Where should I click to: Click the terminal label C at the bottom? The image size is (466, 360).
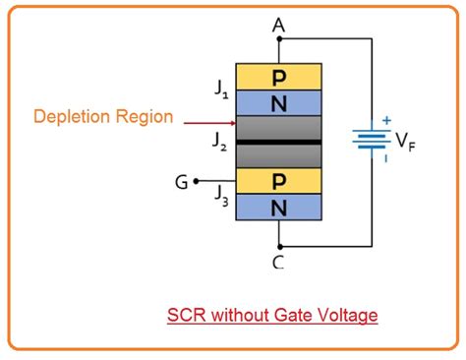[279, 262]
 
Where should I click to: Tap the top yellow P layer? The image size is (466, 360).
[279, 77]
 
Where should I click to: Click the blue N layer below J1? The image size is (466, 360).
[279, 101]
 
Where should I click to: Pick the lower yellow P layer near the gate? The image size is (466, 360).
[279, 179]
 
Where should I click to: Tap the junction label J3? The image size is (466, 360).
[222, 194]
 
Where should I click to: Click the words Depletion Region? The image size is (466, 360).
[103, 117]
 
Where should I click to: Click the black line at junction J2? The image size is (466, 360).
[279, 143]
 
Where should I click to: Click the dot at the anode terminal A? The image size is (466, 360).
[279, 40]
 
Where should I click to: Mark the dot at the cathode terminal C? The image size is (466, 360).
[279, 246]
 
